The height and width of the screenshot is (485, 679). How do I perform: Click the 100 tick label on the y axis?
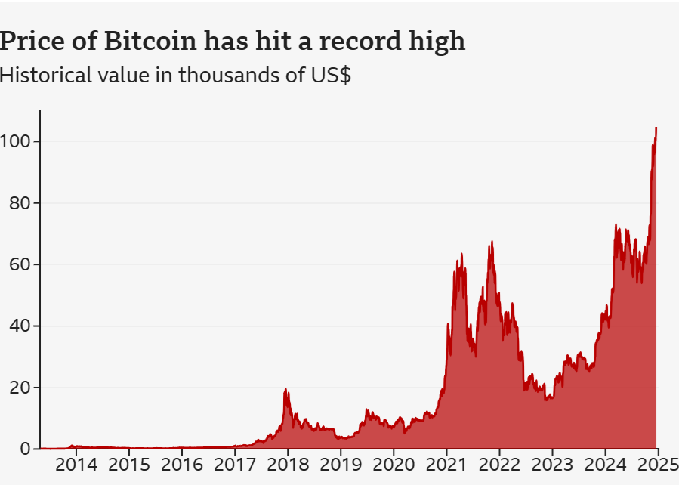(x=16, y=141)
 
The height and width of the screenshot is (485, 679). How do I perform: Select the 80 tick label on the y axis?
(x=20, y=203)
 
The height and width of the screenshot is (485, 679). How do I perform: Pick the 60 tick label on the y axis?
(x=20, y=264)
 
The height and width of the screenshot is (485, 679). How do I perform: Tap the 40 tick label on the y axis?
(x=20, y=326)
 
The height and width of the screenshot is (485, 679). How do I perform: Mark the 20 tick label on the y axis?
(x=20, y=388)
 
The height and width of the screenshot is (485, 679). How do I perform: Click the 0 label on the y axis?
(x=26, y=449)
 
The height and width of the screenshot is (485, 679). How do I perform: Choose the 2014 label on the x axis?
(x=76, y=463)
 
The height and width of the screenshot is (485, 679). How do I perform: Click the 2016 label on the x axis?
(x=181, y=463)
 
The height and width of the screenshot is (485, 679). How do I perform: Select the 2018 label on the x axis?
(x=287, y=463)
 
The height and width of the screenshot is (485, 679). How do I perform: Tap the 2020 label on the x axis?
(x=393, y=463)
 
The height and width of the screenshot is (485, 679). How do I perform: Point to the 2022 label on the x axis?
(x=498, y=463)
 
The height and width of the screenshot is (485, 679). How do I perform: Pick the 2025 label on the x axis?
(x=657, y=463)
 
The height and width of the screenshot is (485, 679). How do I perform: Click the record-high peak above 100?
(x=656, y=128)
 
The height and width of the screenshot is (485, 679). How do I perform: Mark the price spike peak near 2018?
(x=285, y=389)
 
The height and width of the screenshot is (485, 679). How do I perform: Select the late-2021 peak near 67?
(x=492, y=242)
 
